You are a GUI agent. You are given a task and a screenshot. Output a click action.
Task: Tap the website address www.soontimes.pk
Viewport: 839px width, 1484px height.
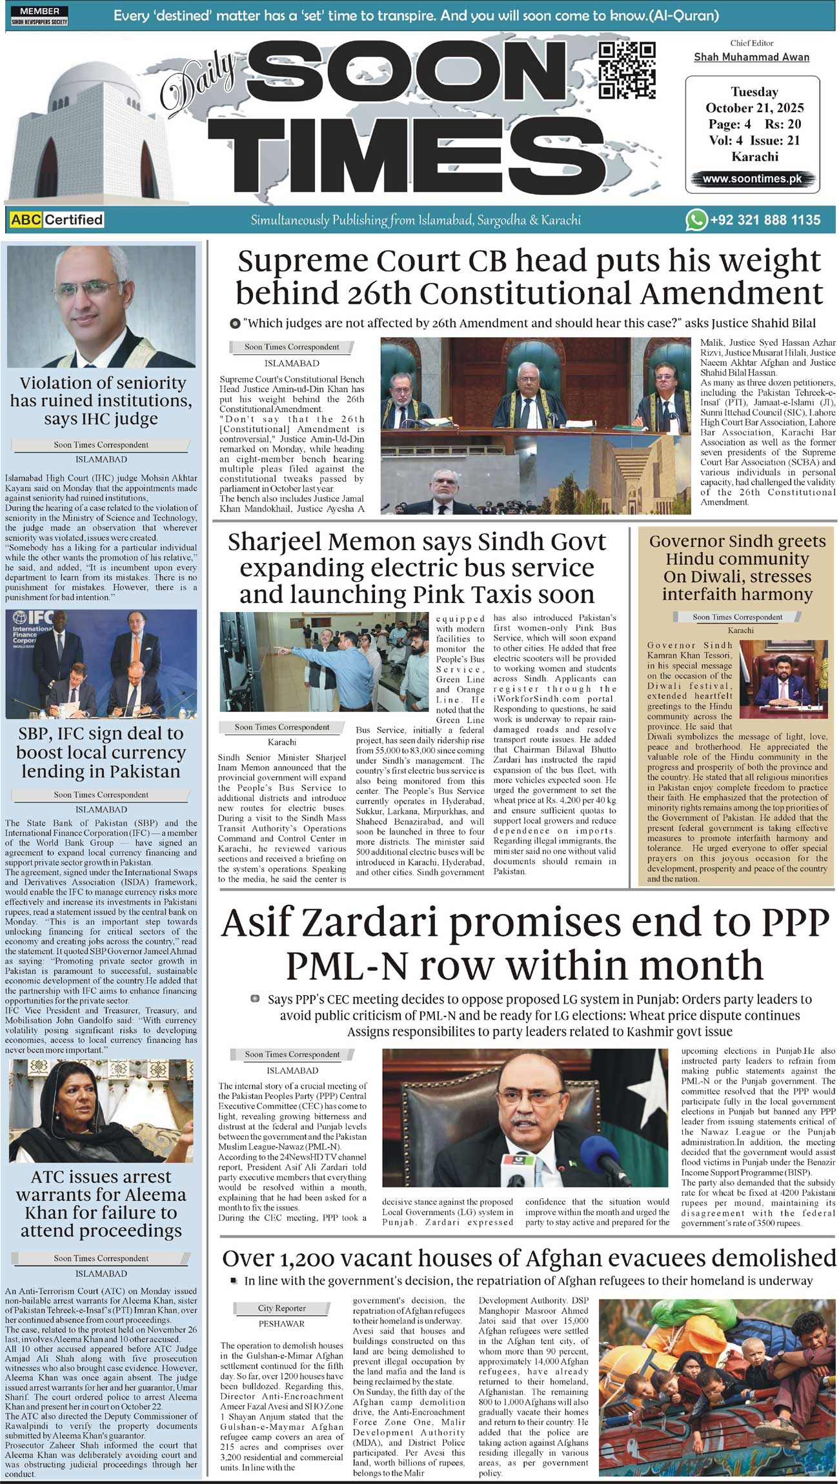(752, 179)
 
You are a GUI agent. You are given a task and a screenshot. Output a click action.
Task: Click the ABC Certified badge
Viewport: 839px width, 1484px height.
(57, 220)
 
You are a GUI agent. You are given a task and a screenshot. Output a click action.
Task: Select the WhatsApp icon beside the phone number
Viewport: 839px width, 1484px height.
(696, 220)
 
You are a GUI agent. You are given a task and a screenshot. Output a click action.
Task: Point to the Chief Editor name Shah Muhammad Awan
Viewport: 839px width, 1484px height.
(751, 57)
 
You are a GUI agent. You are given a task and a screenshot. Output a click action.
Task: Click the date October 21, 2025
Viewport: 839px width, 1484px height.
(754, 108)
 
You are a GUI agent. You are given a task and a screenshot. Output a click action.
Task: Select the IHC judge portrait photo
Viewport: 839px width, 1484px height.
(101, 306)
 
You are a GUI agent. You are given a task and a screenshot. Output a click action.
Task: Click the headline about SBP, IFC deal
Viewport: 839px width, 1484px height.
(101, 752)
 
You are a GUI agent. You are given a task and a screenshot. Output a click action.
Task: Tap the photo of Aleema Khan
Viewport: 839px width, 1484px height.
(101, 1111)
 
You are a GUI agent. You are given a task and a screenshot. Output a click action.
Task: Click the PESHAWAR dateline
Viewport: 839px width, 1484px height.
(281, 1323)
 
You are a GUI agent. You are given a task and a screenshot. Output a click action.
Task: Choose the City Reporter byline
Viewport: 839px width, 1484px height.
(281, 1308)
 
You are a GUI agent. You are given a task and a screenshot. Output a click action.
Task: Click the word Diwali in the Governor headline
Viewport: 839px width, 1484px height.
(698, 577)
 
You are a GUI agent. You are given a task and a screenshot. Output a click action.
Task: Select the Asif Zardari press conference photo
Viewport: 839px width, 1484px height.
(525, 1118)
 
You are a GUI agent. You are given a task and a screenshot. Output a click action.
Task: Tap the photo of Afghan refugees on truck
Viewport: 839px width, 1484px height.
(716, 1387)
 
